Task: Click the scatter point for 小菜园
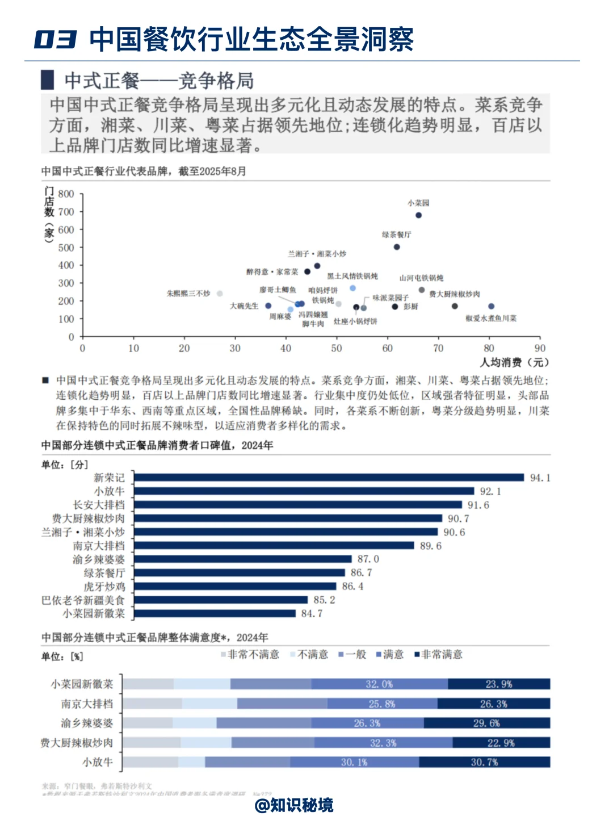coord(418,215)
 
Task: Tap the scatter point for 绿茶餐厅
coord(397,247)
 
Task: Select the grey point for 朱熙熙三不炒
coord(220,294)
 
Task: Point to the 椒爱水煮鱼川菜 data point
coord(491,307)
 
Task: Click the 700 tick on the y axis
coord(66,212)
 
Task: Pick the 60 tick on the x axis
coord(387,348)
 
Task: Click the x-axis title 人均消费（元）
coord(514,362)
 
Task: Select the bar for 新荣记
coord(329,478)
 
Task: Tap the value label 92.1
coord(490,491)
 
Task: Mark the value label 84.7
coord(312,613)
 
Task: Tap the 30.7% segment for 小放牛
coord(484,762)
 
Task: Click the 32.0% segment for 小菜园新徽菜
coord(379,684)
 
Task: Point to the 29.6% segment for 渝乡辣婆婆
coord(486,723)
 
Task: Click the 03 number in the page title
coord(55,39)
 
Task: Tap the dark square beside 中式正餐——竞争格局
coord(48,80)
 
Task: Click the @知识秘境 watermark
coord(294,805)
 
